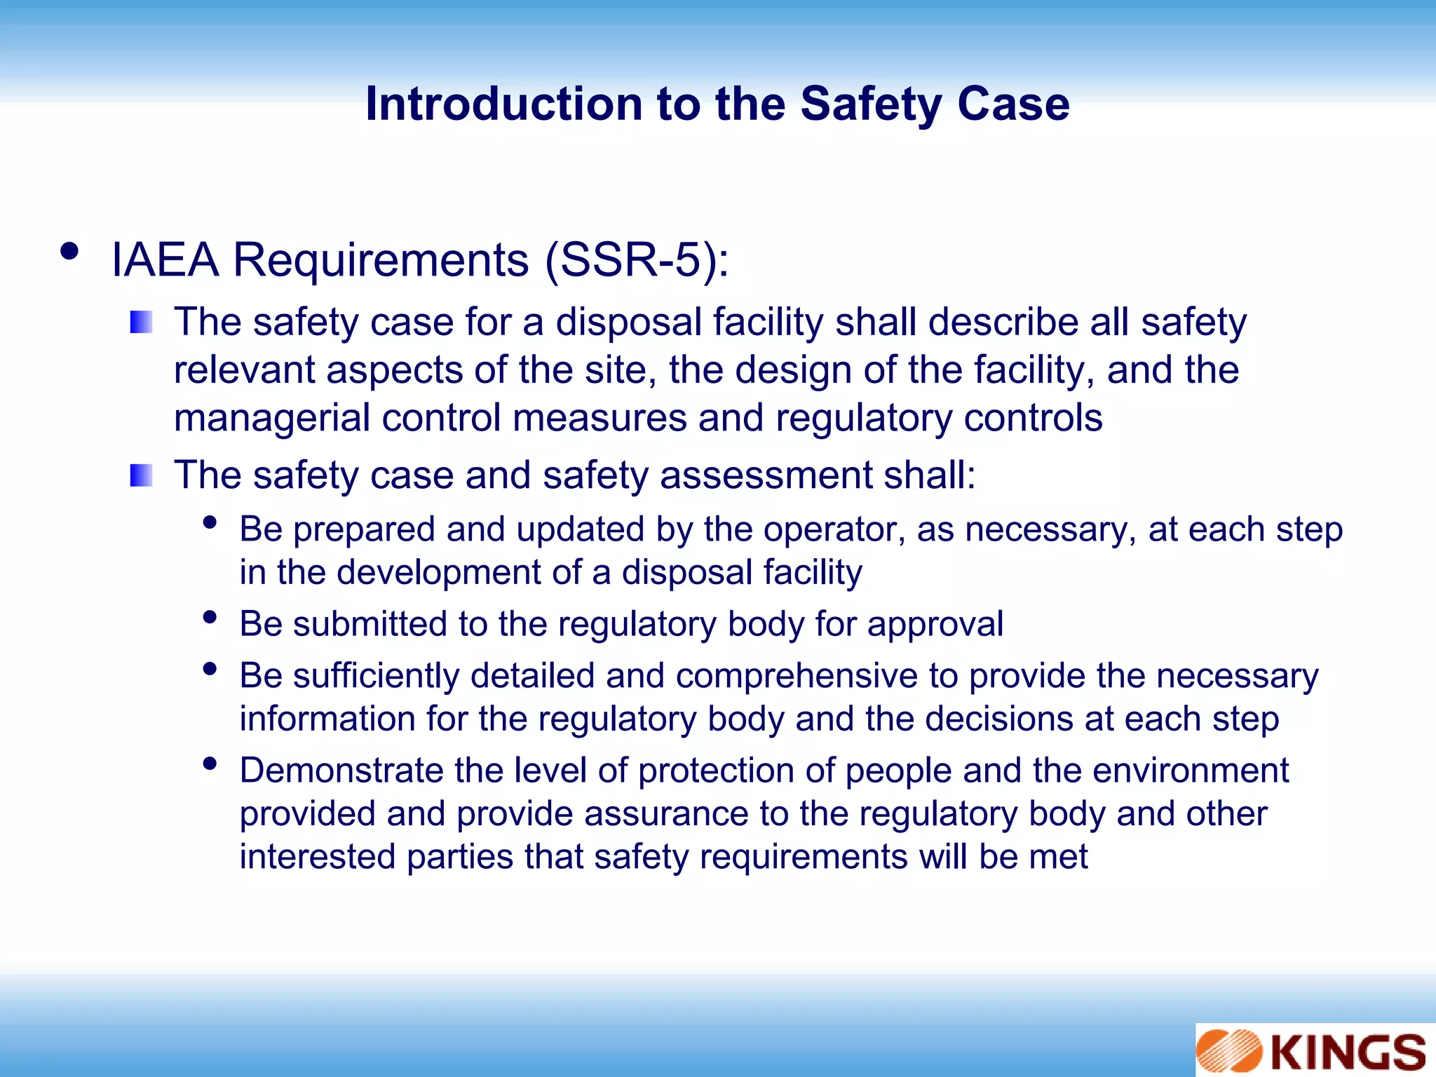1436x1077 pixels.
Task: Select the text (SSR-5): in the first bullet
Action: tap(637, 260)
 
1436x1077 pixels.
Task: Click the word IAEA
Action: tap(165, 260)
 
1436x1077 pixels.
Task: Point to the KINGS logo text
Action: tap(1347, 1052)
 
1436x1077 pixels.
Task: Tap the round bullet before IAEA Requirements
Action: tap(69, 251)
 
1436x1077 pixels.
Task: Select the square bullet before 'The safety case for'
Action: tap(141, 323)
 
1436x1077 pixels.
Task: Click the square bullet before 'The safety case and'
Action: tap(141, 475)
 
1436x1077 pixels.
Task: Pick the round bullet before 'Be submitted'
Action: tap(209, 617)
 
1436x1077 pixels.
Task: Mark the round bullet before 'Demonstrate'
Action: tap(209, 764)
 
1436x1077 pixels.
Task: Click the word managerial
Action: tap(271, 419)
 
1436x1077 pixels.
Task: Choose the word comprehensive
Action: tap(797, 676)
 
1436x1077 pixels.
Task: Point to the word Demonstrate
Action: tap(341, 771)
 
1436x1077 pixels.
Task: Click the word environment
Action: tap(1190, 771)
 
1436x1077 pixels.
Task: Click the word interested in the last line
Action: tap(317, 857)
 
